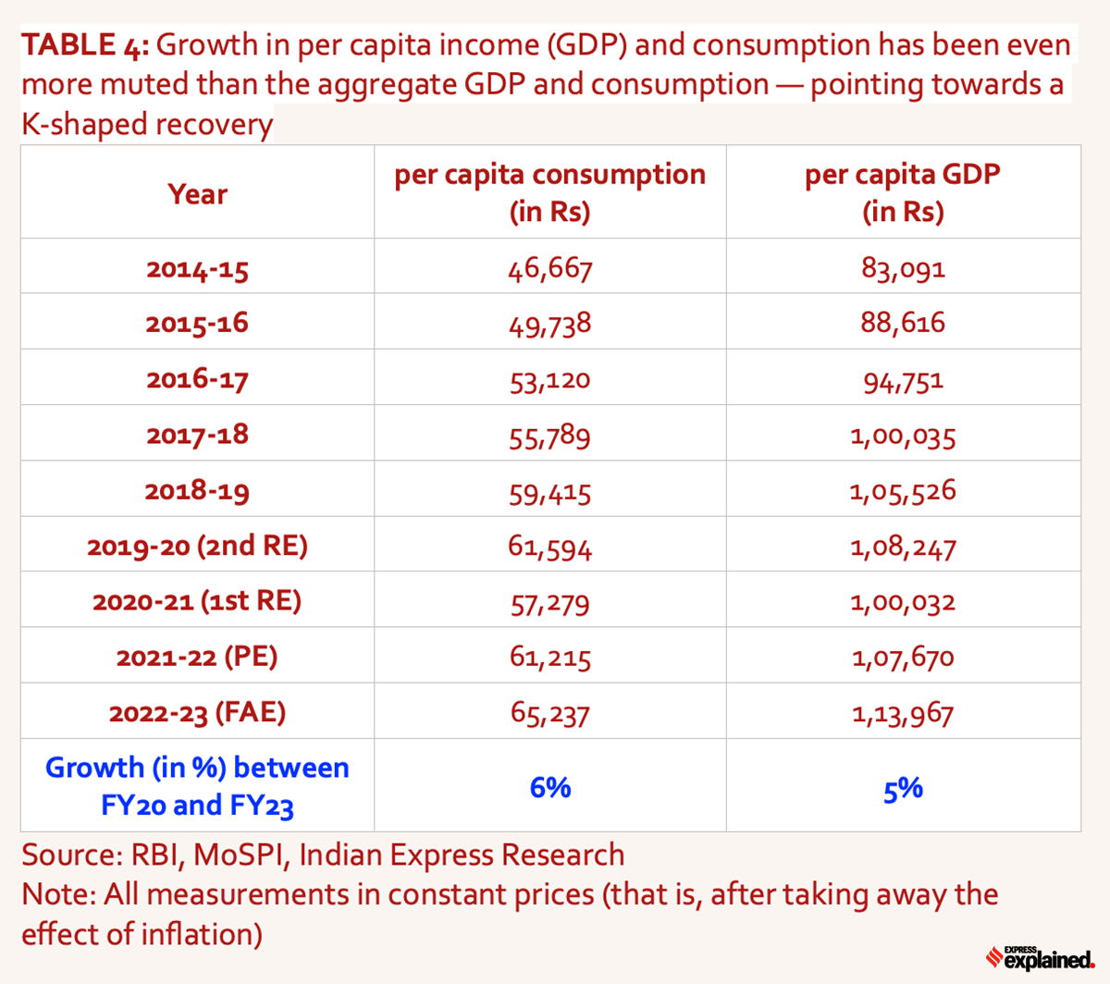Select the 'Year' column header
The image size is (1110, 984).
(197, 194)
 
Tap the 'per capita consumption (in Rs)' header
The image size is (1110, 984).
(549, 192)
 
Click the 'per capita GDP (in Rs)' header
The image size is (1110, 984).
(903, 192)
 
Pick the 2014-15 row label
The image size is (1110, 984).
(197, 269)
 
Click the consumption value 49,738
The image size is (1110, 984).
(549, 324)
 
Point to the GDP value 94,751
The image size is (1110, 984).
(903, 380)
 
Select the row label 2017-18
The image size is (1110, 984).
(197, 435)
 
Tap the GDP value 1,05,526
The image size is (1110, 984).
(903, 491)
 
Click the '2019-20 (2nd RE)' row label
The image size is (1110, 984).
(197, 546)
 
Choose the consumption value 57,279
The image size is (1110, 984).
(549, 603)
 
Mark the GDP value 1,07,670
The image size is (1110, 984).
(903, 658)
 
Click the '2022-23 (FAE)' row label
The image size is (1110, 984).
(197, 713)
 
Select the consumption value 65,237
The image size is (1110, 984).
(549, 713)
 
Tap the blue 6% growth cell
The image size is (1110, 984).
(549, 787)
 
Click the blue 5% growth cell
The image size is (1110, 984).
(903, 789)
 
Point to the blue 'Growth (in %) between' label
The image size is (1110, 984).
(197, 768)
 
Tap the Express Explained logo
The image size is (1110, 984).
(1040, 958)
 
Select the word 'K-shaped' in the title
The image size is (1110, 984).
(81, 125)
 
